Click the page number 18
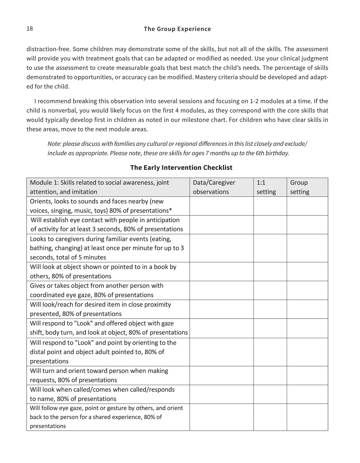(x=30, y=28)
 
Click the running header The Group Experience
(x=177, y=29)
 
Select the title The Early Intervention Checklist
(x=181, y=168)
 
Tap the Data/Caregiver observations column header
(x=214, y=187)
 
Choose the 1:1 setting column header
(x=266, y=187)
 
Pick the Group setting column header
(x=300, y=187)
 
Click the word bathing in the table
(x=40, y=248)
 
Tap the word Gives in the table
(x=38, y=286)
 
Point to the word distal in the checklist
(x=37, y=352)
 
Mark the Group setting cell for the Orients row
(x=307, y=206)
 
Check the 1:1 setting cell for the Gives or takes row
(x=270, y=290)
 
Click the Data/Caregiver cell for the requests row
(x=221, y=376)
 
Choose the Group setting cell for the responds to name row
(x=307, y=394)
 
